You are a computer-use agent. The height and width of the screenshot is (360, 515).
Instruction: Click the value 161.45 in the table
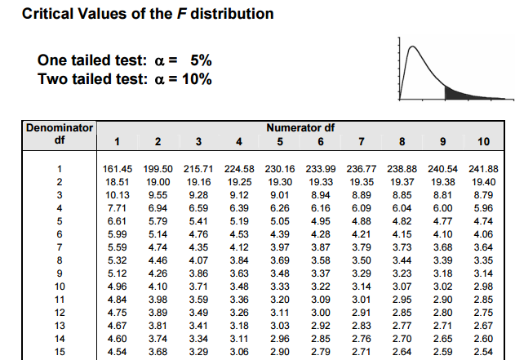pos(118,168)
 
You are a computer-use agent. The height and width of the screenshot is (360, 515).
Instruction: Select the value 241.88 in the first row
pos(483,168)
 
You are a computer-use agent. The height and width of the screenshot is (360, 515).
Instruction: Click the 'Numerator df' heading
pos(300,128)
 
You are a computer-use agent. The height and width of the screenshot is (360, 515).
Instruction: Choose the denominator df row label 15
pos(60,351)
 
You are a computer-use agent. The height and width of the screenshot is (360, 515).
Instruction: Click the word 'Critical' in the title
pos(48,14)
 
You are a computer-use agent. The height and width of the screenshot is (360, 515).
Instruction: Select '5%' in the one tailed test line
pos(201,60)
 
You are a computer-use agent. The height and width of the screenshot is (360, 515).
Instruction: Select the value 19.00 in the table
pos(158,181)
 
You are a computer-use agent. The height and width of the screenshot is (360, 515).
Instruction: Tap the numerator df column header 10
pos(483,141)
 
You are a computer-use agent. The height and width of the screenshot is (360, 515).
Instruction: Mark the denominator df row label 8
pos(60,260)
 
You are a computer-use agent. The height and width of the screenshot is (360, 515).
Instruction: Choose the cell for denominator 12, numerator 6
pos(321,312)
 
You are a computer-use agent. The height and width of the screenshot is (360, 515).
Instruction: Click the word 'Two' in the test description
pos(51,78)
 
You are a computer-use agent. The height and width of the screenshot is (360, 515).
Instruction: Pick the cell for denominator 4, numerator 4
pos(239,207)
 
